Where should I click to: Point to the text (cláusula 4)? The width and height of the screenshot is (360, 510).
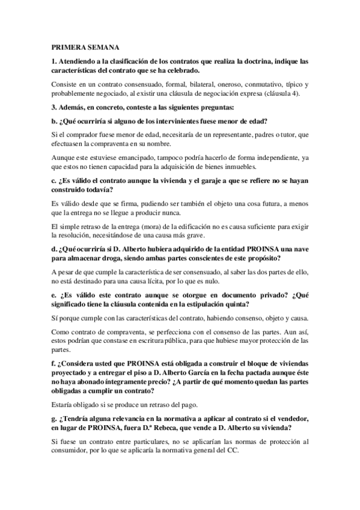tap(289, 93)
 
